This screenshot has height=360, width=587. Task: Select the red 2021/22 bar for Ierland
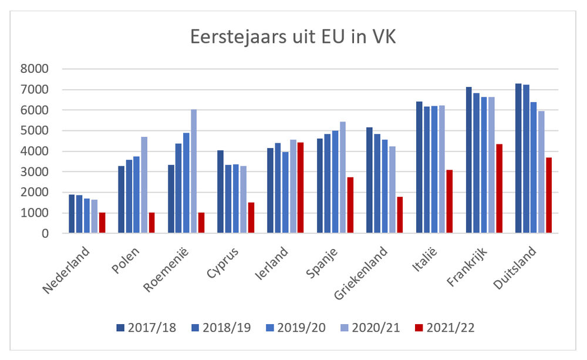pyautogui.click(x=301, y=188)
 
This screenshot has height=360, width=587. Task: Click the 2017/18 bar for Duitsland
pyautogui.click(x=519, y=159)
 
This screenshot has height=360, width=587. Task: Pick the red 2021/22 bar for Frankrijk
pyautogui.click(x=499, y=189)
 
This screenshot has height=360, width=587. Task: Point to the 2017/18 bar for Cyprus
pyautogui.click(x=221, y=192)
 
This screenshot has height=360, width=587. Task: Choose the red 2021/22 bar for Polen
pyautogui.click(x=151, y=223)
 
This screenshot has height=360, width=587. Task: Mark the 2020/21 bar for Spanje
pyautogui.click(x=343, y=177)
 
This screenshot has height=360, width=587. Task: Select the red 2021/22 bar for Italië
pyautogui.click(x=449, y=201)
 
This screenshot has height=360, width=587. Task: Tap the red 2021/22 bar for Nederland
pyautogui.click(x=102, y=223)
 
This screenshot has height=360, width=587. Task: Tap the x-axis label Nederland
pyautogui.click(x=68, y=271)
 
